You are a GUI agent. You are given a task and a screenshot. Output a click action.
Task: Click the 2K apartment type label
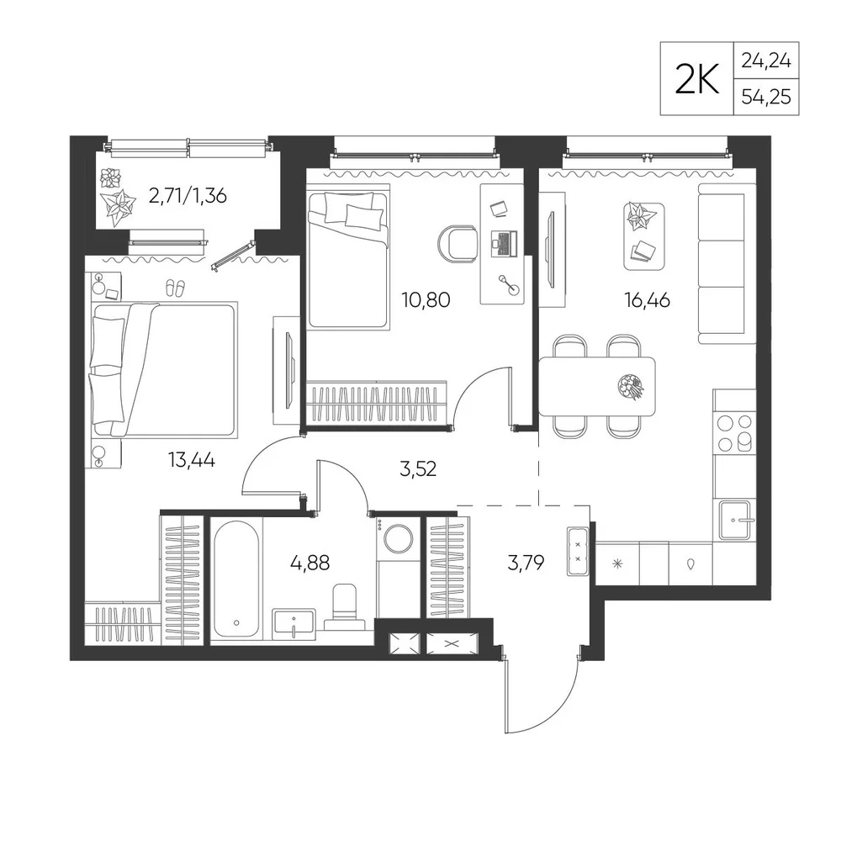click(696, 80)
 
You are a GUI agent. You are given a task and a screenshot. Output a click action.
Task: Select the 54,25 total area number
click(766, 97)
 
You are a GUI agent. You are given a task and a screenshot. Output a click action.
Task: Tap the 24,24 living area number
click(766, 61)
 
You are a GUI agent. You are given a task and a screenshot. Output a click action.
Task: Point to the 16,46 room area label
click(647, 300)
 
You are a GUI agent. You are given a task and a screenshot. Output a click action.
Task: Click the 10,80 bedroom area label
click(426, 300)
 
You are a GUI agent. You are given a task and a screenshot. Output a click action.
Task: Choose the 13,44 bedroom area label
click(192, 460)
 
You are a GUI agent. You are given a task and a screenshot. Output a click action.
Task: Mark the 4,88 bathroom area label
click(309, 563)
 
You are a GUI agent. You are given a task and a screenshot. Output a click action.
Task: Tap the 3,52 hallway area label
click(418, 469)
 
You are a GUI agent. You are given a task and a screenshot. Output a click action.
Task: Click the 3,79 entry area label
click(526, 563)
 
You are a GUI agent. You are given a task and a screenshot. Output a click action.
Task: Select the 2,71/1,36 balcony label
click(188, 196)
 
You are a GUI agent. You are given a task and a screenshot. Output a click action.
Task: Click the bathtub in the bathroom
click(236, 579)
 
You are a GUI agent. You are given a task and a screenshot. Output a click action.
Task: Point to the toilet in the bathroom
click(345, 607)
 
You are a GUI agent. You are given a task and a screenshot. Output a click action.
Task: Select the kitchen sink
click(735, 520)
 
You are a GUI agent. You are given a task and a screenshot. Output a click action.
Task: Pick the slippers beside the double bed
click(176, 288)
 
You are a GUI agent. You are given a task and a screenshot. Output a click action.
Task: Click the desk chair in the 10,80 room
click(458, 245)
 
